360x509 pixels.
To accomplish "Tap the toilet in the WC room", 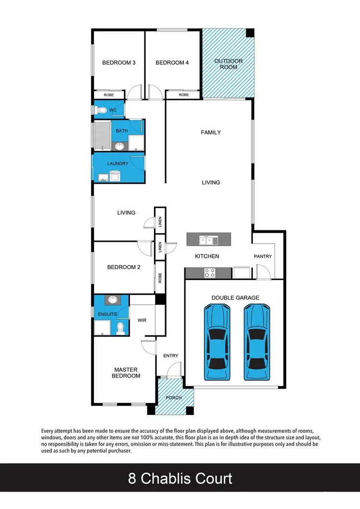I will (101, 110).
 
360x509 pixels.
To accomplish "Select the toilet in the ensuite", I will (120, 328).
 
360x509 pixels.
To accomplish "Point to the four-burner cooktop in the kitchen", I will (210, 272).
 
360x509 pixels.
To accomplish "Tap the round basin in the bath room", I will (120, 146).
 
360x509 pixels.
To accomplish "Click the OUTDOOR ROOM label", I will (228, 64).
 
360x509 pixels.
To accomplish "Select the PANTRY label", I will (263, 257).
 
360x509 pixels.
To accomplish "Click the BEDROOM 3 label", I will (118, 63).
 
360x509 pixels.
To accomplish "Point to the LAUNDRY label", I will (118, 164).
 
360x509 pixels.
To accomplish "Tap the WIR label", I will (142, 320).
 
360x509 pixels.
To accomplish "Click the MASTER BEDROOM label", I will (126, 373).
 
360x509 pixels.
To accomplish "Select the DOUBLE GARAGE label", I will (235, 298).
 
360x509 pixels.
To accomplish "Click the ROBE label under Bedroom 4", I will (184, 95).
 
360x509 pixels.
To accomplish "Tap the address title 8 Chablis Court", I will (180, 478).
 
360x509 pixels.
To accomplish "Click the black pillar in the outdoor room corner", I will (250, 33).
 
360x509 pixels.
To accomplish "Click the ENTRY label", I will (171, 355).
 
